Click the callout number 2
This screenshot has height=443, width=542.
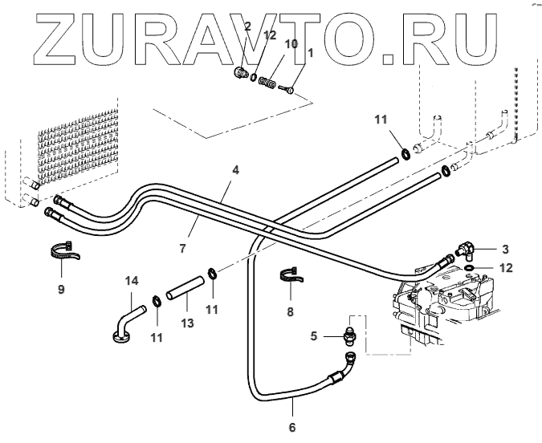coord(247,26)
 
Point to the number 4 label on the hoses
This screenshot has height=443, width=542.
coord(236,170)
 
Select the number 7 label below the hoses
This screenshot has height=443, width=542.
coord(183,249)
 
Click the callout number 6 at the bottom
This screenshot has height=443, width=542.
coord(292,427)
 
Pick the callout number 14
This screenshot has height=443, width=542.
coord(132,280)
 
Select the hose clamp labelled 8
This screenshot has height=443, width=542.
coord(292,275)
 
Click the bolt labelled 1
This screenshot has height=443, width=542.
coord(291,89)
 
